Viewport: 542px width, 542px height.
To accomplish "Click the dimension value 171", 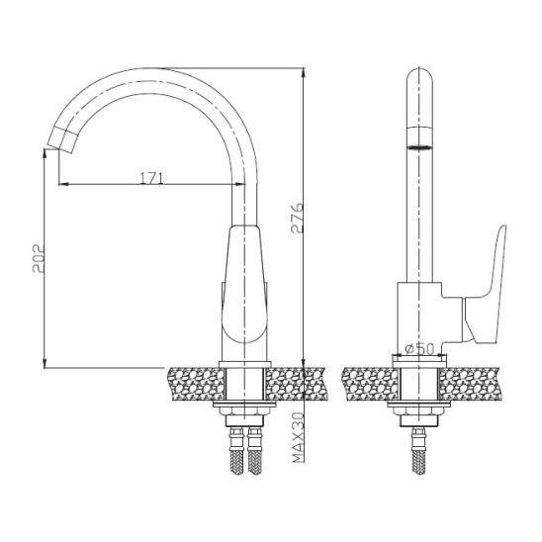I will point(150,177).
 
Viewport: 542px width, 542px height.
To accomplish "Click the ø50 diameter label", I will point(417,347).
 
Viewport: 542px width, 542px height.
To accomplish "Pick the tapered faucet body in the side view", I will point(244,287).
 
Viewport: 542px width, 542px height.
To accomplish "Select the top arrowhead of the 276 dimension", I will point(302,72).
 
